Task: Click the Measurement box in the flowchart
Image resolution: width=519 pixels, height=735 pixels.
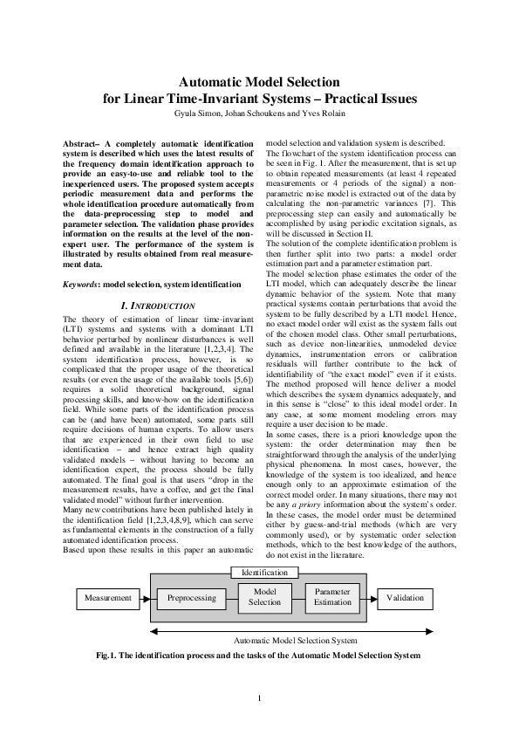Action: coord(108,599)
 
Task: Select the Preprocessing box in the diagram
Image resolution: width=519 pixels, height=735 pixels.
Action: coord(191,599)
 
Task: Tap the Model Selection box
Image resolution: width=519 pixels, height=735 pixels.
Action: coord(264,597)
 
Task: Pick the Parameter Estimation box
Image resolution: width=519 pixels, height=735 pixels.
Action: coord(332,597)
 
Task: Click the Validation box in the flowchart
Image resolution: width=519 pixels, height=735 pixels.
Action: coord(405,599)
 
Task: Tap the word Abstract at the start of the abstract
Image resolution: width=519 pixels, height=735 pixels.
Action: coord(84,141)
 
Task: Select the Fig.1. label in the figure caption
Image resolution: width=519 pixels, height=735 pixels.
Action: coord(108,655)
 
